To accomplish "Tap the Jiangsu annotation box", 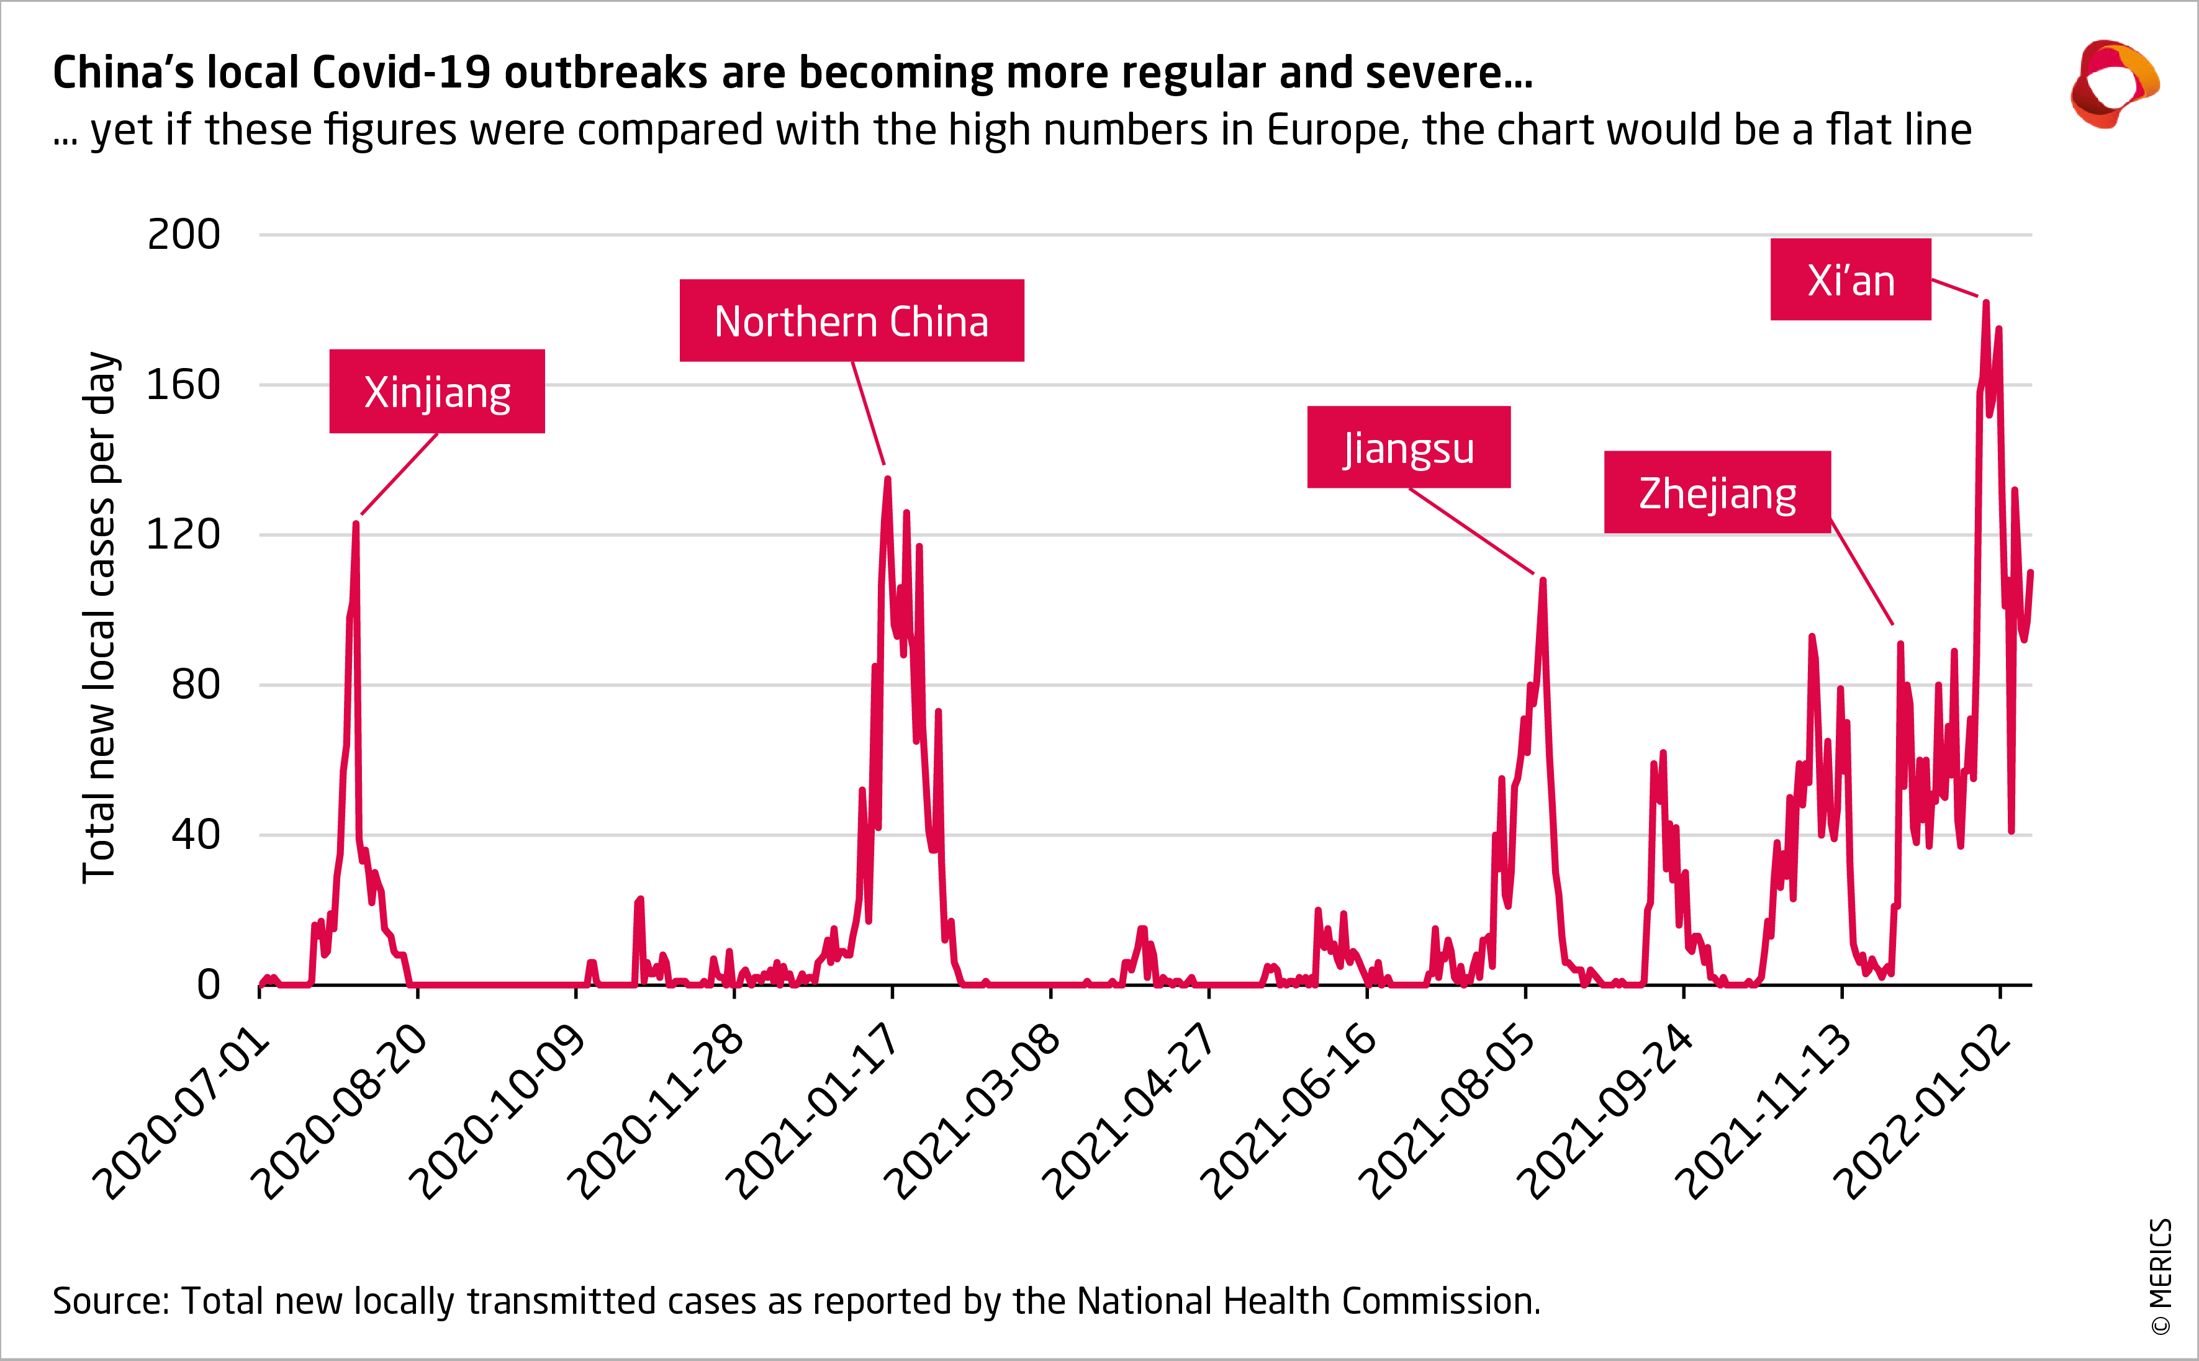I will pyautogui.click(x=1409, y=447).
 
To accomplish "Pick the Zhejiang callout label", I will pyautogui.click(x=1717, y=492).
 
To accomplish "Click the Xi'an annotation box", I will pyautogui.click(x=1851, y=280).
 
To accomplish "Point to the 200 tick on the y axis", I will pyautogui.click(x=184, y=235).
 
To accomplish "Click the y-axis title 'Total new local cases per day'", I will pyautogui.click(x=100, y=618).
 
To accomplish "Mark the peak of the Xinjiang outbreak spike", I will pyautogui.click(x=356, y=524).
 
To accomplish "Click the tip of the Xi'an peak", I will pyautogui.click(x=1985, y=303).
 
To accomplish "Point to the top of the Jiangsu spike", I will pyautogui.click(x=1543, y=581).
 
